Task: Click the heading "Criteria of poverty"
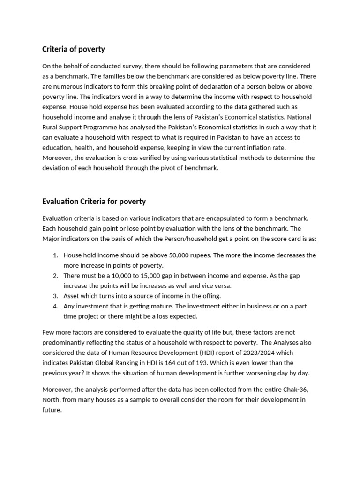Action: pos(74,49)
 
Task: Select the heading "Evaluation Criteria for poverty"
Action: pos(94,202)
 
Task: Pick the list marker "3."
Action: pos(55,296)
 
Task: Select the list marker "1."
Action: pos(55,255)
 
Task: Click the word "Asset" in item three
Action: pos(72,296)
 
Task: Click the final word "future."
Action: pos(52,410)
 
